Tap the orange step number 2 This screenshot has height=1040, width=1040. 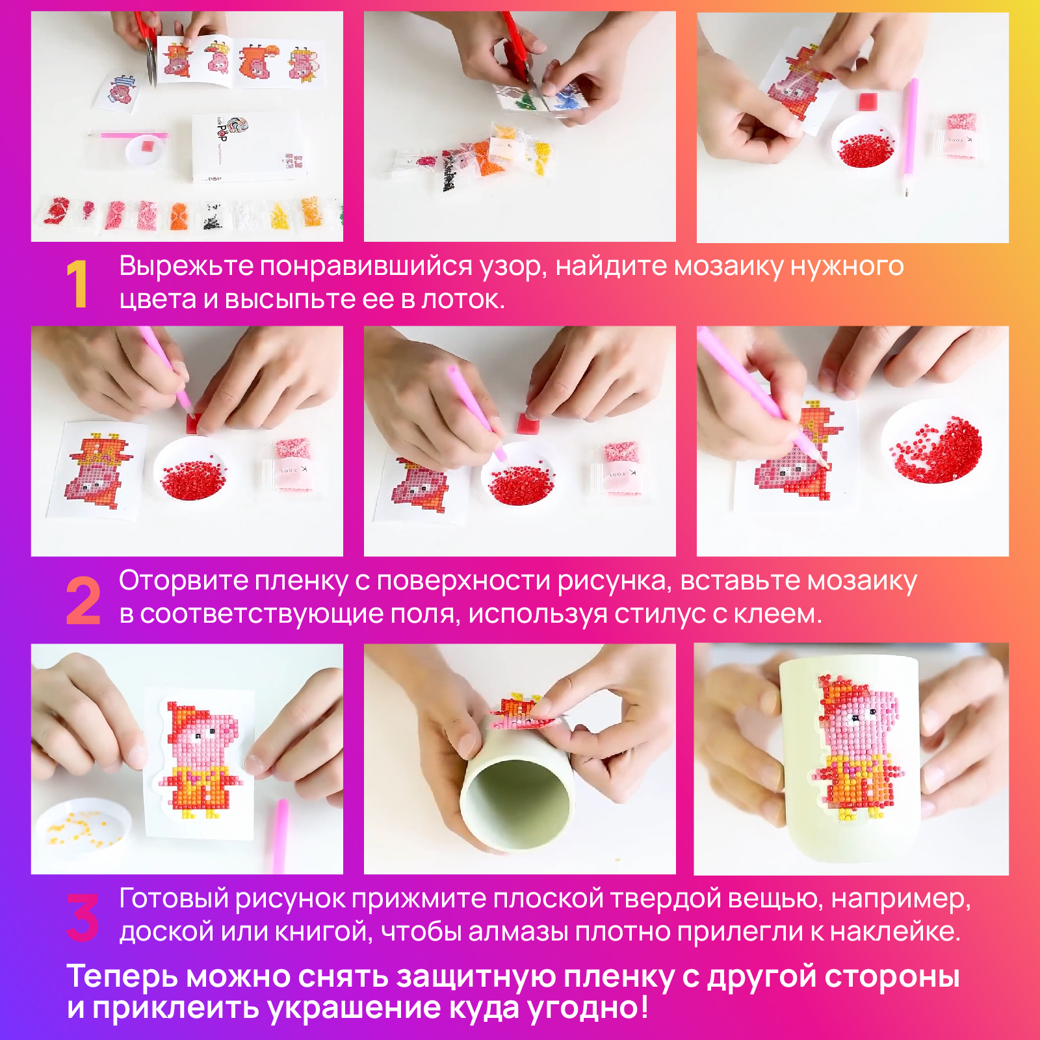coord(83,601)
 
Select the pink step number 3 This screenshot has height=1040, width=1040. coord(83,917)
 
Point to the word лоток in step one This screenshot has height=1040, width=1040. coord(461,300)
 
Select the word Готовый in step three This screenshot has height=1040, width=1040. coord(174,899)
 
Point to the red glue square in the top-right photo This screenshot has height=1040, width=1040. coord(867,102)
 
